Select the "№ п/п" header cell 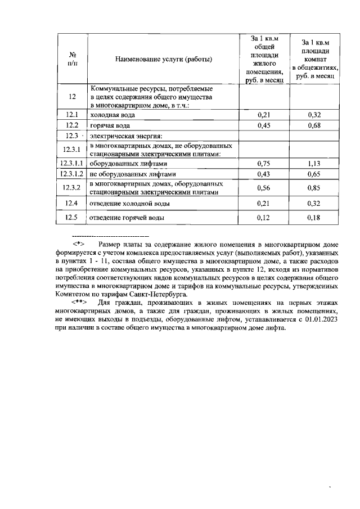(x=73, y=60)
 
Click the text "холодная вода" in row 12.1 (x=112, y=115)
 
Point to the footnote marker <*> (x=78, y=244)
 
